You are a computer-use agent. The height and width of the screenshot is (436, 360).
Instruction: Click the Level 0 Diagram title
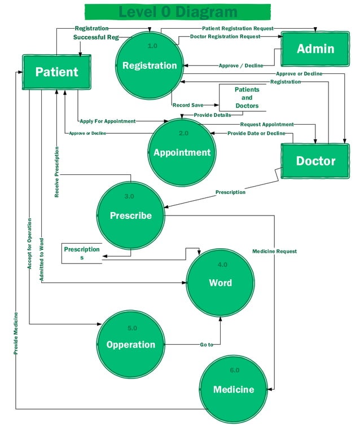tap(178, 12)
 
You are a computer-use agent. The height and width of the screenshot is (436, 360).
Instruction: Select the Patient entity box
tap(56, 72)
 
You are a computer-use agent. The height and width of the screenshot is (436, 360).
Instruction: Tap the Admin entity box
tap(315, 49)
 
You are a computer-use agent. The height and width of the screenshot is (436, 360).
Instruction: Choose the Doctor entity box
tap(315, 161)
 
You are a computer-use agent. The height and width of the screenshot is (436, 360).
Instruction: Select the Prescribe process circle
tap(130, 215)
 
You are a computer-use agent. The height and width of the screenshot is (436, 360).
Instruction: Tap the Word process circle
tap(220, 283)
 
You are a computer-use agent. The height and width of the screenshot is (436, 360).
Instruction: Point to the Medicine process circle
tap(233, 389)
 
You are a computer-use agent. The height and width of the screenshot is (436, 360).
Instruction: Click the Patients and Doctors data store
tap(247, 98)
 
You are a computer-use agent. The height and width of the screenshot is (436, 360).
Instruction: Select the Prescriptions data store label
tap(82, 253)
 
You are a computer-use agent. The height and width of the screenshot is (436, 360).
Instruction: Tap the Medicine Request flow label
tap(274, 251)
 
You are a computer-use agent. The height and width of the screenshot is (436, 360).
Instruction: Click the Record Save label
tap(188, 105)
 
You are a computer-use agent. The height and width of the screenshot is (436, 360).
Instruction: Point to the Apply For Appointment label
tap(107, 121)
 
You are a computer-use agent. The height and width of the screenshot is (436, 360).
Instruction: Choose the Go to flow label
tap(207, 345)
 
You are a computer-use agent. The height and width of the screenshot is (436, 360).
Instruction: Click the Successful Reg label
tap(96, 37)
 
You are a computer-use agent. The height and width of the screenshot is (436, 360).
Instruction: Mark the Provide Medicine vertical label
tap(16, 333)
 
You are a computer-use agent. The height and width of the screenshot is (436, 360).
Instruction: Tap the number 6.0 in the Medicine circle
tap(234, 370)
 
